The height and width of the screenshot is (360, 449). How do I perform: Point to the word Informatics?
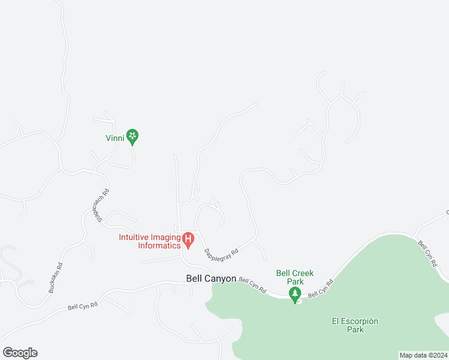(159, 245)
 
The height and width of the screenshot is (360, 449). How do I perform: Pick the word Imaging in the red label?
(163, 236)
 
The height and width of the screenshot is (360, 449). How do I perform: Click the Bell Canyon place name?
(211, 278)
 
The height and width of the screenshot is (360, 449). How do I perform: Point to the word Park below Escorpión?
(355, 329)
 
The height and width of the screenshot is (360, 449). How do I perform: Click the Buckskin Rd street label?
(55, 277)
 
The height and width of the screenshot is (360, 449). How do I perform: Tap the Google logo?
(20, 353)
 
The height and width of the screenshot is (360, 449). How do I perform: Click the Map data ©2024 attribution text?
(423, 355)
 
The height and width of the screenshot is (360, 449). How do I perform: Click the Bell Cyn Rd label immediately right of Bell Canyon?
(252, 284)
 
